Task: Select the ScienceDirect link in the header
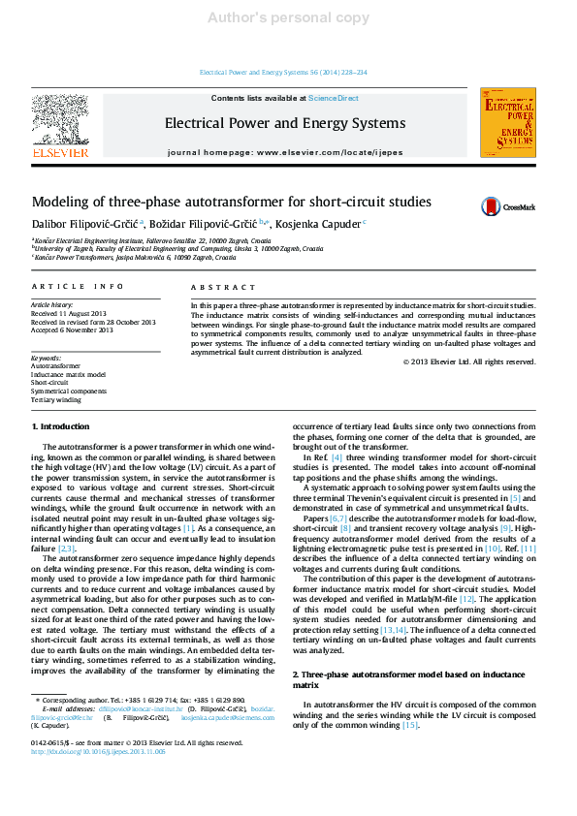333,98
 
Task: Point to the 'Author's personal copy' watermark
288,17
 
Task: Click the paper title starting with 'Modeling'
232,203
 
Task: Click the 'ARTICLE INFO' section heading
78,287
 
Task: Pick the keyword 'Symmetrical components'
69,391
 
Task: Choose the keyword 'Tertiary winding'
56,399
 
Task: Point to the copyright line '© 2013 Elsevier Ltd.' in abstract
468,361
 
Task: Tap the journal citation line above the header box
282,73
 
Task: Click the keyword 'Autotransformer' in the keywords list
55,365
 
